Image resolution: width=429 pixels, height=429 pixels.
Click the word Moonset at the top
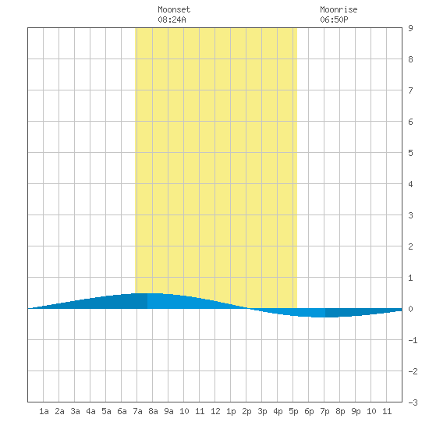click(174, 9)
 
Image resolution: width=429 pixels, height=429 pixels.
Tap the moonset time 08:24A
click(172, 19)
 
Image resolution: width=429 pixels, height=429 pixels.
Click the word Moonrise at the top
click(339, 9)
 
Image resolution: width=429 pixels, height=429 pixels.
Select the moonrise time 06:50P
click(334, 19)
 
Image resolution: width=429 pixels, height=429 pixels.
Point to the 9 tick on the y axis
click(410, 28)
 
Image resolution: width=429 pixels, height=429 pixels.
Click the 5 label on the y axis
click(410, 153)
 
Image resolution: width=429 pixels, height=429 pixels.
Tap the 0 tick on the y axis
click(410, 309)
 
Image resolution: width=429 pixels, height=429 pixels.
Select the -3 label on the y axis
click(413, 402)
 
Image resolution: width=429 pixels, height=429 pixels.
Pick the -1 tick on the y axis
click(413, 340)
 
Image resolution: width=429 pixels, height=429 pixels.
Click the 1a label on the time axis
click(44, 411)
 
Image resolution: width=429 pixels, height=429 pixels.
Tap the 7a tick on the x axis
click(137, 411)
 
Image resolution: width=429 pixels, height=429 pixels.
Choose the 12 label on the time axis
click(215, 411)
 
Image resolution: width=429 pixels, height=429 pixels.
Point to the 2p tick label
click(246, 411)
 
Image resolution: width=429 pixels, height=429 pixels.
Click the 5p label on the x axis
click(293, 411)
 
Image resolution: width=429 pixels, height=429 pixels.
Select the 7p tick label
click(324, 411)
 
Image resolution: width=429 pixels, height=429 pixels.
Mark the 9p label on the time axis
click(356, 411)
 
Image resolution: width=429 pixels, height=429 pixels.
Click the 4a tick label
click(90, 411)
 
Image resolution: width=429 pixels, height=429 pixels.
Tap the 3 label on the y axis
click(410, 215)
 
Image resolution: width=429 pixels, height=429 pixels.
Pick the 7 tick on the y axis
click(410, 90)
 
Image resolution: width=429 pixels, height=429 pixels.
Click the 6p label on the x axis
click(309, 411)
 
